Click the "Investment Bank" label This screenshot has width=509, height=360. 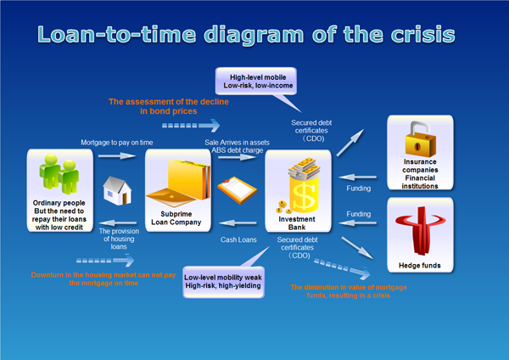pyautogui.click(x=296, y=222)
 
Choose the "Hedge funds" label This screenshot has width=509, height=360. pyautogui.click(x=423, y=265)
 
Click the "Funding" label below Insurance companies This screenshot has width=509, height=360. pyautogui.click(x=360, y=166)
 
